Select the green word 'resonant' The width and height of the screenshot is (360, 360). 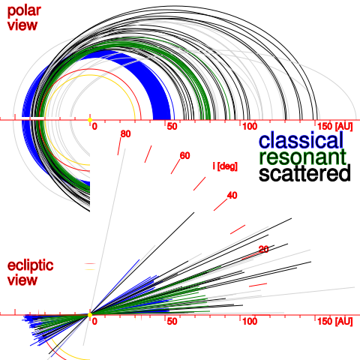(302, 157)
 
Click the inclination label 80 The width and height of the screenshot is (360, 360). (125, 133)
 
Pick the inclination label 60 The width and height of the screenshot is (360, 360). (184, 155)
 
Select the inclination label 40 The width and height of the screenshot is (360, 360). (232, 195)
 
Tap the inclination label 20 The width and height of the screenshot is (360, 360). (263, 249)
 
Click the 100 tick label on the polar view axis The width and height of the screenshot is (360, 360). (249, 126)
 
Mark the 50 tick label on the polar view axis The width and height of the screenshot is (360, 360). (172, 126)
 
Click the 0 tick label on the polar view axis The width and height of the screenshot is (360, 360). (94, 126)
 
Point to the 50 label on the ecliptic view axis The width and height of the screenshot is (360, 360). (172, 321)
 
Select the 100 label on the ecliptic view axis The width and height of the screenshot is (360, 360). (249, 321)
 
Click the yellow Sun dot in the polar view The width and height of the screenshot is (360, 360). (90, 119)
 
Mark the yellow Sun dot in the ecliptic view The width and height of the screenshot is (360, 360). (90, 314)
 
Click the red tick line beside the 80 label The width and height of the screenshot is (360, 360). (118, 145)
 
